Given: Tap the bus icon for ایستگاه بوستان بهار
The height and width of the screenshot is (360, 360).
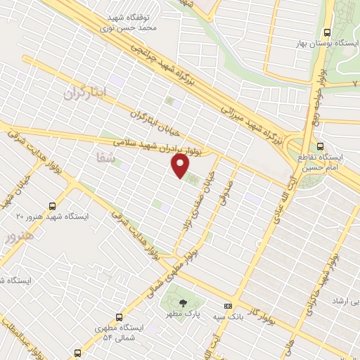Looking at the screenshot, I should [327, 32].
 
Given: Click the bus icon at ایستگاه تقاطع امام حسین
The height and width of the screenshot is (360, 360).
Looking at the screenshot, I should [321, 147].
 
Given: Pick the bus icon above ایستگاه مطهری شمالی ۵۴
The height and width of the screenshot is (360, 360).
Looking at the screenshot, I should [119, 316].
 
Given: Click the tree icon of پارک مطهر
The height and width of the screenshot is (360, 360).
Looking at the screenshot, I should [184, 304].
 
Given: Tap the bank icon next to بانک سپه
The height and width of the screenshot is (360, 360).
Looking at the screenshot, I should [228, 307].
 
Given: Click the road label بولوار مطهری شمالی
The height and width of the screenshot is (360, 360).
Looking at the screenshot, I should [167, 271].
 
